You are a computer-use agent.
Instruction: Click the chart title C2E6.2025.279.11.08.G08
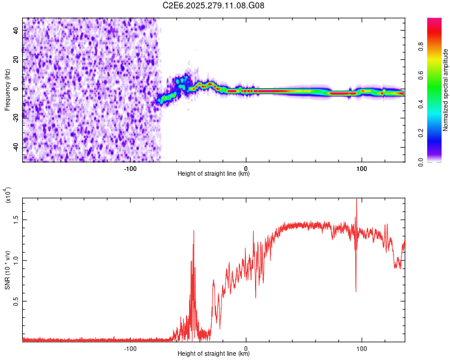[x=214, y=5]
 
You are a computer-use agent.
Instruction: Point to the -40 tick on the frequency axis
[x=17, y=147]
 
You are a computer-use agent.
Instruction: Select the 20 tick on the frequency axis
[x=17, y=59]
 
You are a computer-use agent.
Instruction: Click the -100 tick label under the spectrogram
[x=130, y=169]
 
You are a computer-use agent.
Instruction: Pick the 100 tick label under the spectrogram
[x=362, y=169]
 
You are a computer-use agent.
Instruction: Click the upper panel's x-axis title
[x=214, y=174]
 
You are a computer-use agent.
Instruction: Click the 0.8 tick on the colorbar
[x=437, y=47]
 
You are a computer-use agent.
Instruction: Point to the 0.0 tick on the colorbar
[x=437, y=161]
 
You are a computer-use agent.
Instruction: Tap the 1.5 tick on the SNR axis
[x=17, y=220]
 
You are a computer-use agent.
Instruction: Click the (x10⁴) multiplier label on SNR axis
[x=7, y=196]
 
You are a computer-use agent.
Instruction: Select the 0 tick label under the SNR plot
[x=246, y=348]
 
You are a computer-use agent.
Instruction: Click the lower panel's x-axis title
[x=214, y=354]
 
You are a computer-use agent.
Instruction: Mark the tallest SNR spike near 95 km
[x=356, y=200]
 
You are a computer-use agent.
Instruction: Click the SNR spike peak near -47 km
[x=193, y=230]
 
